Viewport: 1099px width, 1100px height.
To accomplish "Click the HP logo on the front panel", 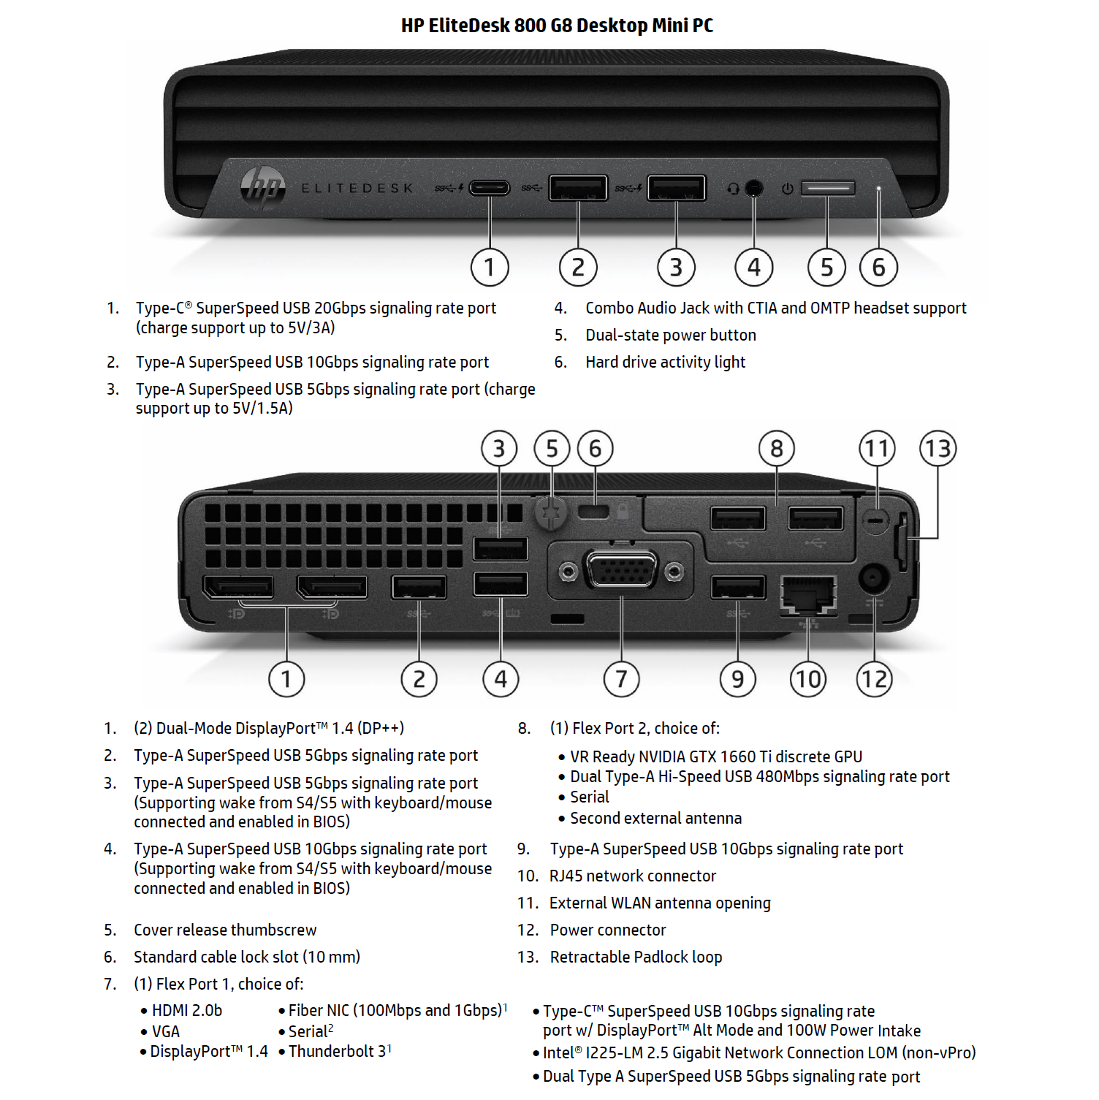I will click(263, 188).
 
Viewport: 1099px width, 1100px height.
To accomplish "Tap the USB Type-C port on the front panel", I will click(490, 188).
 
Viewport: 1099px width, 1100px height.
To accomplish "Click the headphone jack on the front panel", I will click(754, 189).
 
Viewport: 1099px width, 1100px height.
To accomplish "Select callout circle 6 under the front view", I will click(878, 268).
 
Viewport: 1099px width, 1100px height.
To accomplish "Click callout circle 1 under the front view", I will click(490, 268).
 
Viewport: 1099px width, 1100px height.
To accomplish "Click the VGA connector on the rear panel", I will click(621, 570).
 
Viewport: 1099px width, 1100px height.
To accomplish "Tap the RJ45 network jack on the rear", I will click(808, 593).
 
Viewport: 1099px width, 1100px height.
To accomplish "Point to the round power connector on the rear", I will click(873, 578).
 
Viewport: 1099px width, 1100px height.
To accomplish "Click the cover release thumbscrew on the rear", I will click(551, 512).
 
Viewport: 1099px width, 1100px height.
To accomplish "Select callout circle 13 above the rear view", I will click(938, 448).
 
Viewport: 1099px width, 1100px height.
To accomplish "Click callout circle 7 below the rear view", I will click(621, 679).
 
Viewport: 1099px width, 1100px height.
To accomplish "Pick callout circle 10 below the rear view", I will click(808, 679).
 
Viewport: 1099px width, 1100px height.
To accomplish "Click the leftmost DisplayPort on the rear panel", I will click(238, 586).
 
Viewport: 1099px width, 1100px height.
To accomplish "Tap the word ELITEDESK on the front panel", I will click(357, 189).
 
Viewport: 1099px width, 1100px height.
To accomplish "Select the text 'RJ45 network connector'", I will click(633, 876).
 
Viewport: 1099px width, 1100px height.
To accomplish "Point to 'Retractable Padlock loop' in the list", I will click(636, 957).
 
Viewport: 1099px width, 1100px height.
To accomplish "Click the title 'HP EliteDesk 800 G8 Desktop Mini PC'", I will click(557, 26).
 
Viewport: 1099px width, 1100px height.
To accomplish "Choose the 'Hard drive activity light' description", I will click(665, 362).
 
